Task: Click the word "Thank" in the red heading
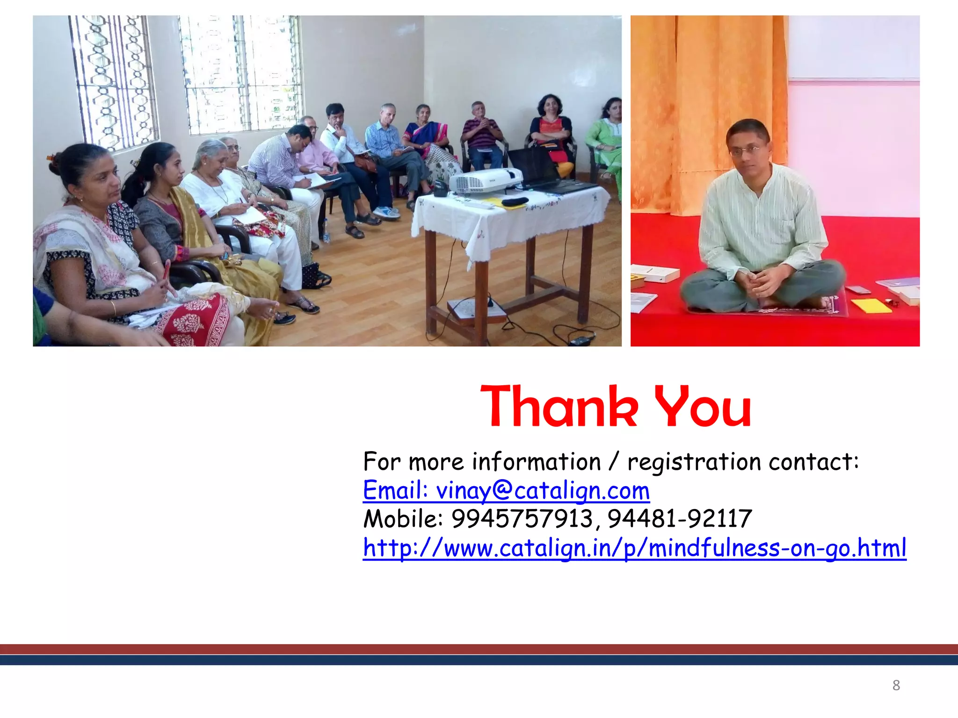(559, 406)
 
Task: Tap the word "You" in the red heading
(703, 406)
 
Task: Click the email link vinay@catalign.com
(506, 491)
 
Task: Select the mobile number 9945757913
(522, 519)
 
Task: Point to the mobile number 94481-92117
(680, 519)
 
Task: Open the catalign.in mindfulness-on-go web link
(634, 548)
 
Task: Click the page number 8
(896, 685)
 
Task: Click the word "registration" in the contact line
(694, 462)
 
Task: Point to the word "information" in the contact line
(536, 462)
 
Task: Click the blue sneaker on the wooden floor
(387, 213)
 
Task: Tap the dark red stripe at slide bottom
(479, 649)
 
